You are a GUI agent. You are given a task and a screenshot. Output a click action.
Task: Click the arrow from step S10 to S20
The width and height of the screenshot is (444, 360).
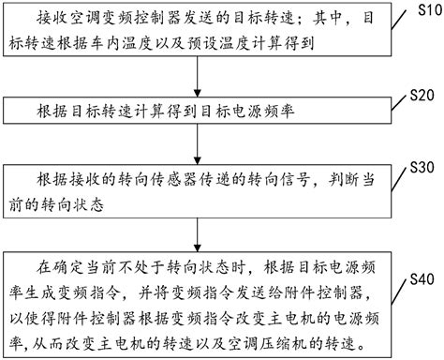(197, 79)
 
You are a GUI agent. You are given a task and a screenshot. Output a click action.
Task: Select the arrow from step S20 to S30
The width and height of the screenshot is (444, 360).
(197, 142)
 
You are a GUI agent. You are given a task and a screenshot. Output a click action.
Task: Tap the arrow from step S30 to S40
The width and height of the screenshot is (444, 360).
(197, 230)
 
